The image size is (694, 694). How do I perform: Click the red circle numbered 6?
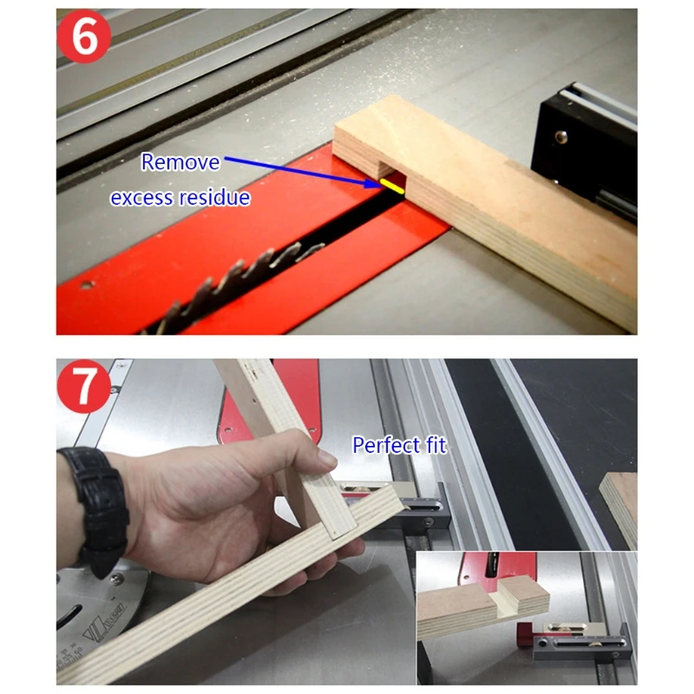coord(83,36)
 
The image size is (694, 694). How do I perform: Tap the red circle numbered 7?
coord(83,386)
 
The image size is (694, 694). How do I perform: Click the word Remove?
coord(180,162)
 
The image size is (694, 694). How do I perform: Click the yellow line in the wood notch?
coord(392,187)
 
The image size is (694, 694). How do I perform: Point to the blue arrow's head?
coord(371,183)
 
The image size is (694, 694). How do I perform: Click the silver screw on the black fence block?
coord(561,136)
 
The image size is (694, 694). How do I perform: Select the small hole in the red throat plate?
coord(86,285)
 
